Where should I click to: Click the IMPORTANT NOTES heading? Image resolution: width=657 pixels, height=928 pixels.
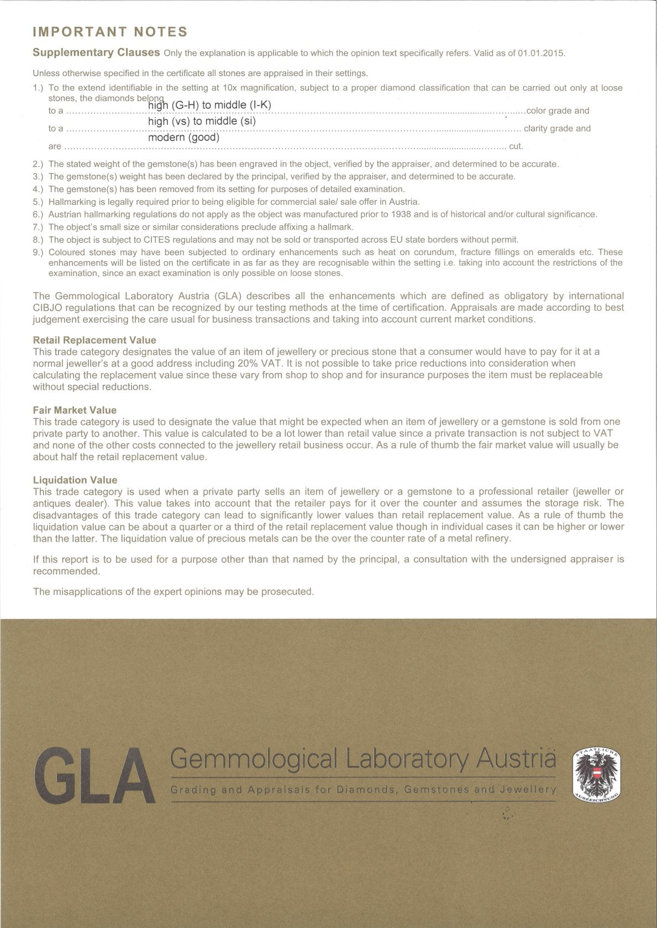[110, 32]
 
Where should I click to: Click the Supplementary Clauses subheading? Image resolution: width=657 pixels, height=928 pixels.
[96, 52]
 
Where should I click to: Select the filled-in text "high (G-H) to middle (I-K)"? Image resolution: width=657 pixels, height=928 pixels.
[209, 105]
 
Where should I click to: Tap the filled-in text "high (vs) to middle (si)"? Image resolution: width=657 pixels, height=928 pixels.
[202, 121]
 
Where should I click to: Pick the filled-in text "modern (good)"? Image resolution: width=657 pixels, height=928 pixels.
[183, 137]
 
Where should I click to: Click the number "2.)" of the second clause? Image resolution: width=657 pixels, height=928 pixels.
[38, 164]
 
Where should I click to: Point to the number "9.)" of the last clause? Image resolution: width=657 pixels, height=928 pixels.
[38, 252]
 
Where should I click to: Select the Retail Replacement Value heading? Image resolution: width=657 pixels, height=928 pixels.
[94, 340]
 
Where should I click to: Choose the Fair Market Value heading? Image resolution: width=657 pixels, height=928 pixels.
[75, 410]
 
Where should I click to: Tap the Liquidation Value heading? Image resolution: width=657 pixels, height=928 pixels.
[75, 480]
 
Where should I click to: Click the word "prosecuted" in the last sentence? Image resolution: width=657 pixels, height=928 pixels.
[287, 592]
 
